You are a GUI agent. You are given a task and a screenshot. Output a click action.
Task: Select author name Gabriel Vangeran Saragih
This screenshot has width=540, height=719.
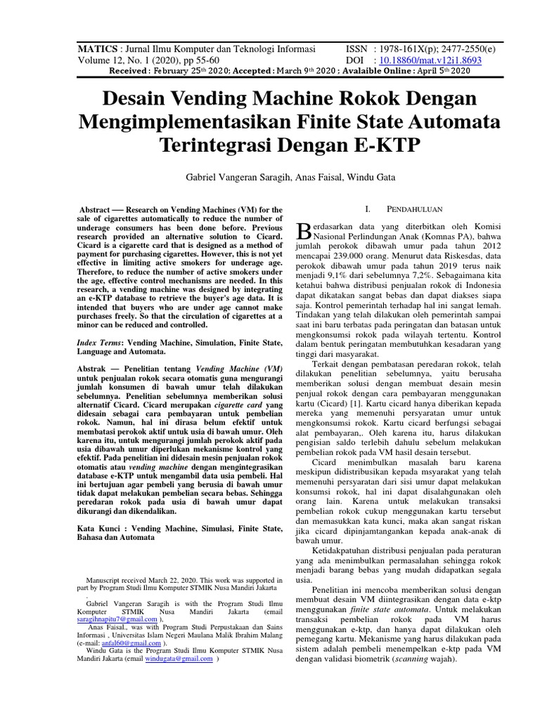tap(236, 178)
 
